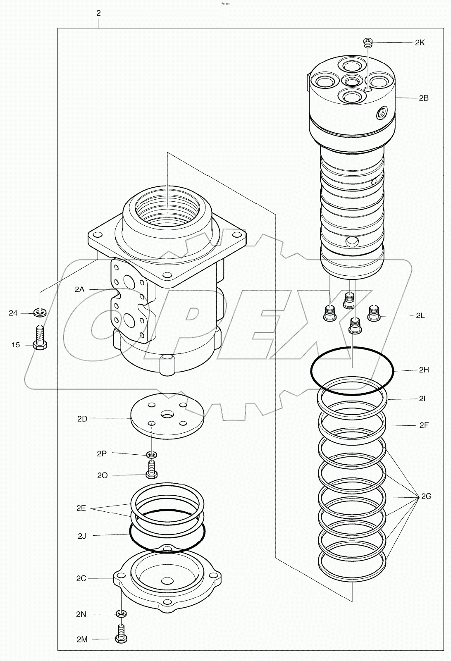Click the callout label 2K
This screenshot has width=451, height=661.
pyautogui.click(x=420, y=43)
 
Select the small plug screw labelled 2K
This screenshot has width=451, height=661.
pyautogui.click(x=367, y=42)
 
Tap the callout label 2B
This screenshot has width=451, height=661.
pyautogui.click(x=423, y=98)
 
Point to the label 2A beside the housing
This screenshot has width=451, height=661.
pyautogui.click(x=79, y=289)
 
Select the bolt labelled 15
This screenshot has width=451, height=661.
pyautogui.click(x=40, y=339)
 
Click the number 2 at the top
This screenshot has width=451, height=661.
pyautogui.click(x=98, y=13)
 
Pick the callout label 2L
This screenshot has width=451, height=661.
pyautogui.click(x=420, y=315)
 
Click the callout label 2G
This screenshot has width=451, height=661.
pyautogui.click(x=426, y=496)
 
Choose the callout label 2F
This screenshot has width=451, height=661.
pyautogui.click(x=424, y=425)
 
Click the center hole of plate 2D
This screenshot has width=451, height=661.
pyautogui.click(x=168, y=414)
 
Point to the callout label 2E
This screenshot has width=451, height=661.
pyautogui.click(x=81, y=508)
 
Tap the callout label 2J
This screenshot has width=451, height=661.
pyautogui.click(x=82, y=536)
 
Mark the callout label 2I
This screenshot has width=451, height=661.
pyautogui.click(x=422, y=399)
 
